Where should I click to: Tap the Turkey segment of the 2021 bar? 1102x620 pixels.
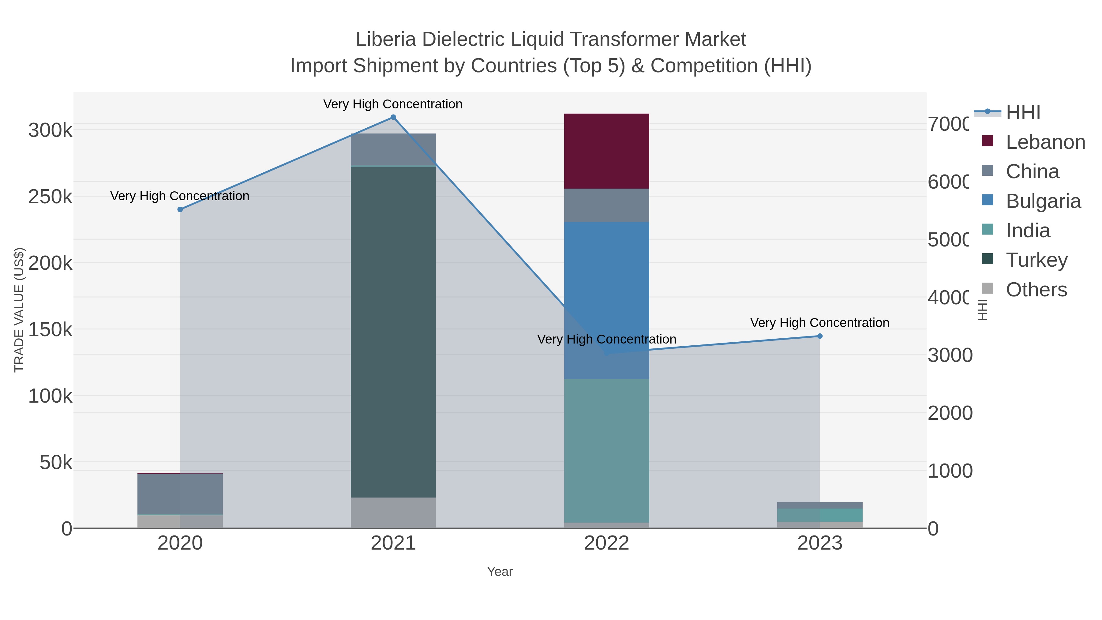[x=393, y=332]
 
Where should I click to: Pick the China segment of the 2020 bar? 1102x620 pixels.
[x=180, y=494]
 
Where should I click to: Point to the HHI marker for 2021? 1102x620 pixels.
[x=393, y=117]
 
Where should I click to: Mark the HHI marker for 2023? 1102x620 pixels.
[x=820, y=336]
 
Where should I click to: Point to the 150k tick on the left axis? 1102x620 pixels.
[x=50, y=329]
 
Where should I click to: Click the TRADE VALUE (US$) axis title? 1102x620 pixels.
[x=19, y=310]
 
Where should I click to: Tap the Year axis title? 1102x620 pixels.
[x=500, y=572]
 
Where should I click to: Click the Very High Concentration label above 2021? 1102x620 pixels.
[x=393, y=104]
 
